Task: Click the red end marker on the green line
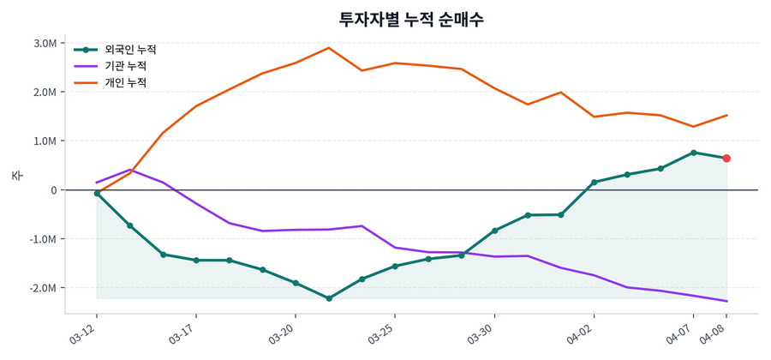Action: click(726, 159)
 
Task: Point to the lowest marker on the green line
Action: click(329, 298)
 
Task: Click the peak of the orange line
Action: click(329, 48)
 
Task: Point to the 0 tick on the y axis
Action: click(52, 190)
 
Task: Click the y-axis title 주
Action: click(16, 176)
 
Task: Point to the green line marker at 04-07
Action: click(693, 153)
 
